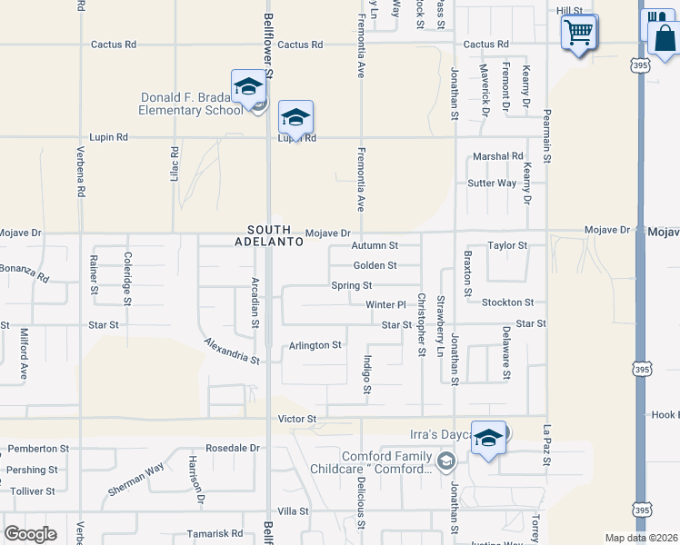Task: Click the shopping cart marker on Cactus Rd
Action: (579, 33)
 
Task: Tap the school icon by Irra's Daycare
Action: (488, 439)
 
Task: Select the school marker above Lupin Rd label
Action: (295, 118)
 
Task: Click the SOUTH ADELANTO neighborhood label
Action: (262, 236)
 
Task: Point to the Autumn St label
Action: (375, 245)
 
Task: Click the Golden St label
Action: (375, 265)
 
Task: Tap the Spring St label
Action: (351, 285)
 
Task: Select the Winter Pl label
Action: (385, 304)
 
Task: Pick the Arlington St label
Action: (315, 345)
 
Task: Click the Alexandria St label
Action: (231, 351)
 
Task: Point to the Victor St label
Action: (296, 419)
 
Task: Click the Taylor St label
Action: (506, 245)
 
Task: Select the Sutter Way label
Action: (492, 183)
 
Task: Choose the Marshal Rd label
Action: (498, 156)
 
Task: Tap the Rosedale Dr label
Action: (232, 448)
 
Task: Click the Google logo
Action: (30, 534)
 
